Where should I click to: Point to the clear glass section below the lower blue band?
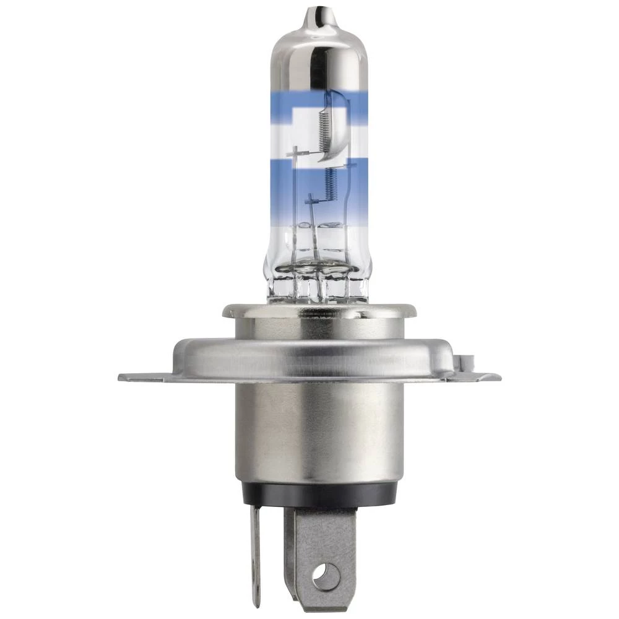point(282,248)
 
